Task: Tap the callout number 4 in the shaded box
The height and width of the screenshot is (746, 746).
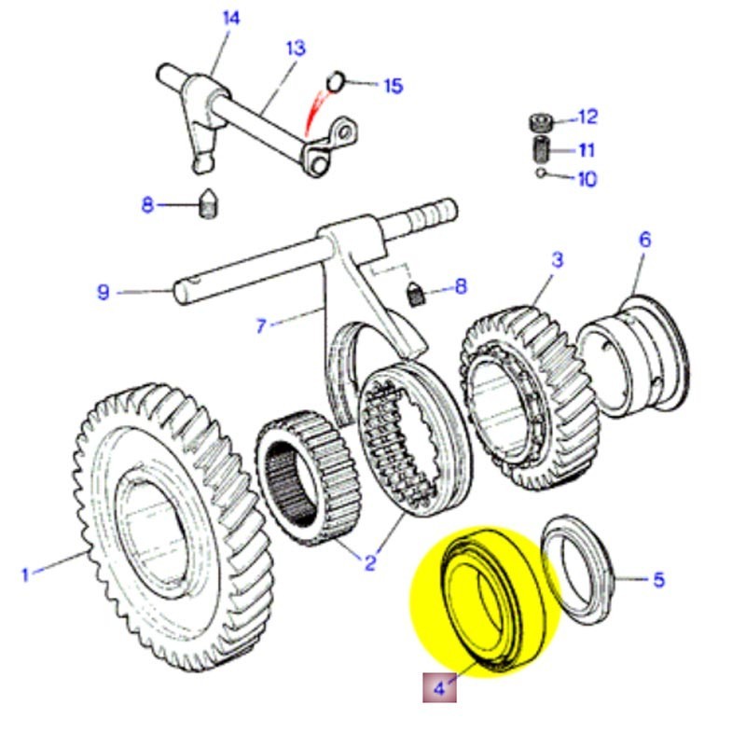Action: point(439,689)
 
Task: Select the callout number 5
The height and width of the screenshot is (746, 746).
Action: point(658,580)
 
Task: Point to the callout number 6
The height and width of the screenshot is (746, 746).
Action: point(644,240)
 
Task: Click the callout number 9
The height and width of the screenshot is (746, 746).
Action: point(104,292)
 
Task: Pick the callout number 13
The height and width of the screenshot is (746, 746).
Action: point(295,48)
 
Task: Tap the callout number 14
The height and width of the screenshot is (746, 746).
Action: point(231,18)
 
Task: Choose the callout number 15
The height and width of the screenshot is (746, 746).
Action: point(393,86)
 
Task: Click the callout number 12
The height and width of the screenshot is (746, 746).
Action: point(587,117)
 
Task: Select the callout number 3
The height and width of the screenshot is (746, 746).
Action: point(557,259)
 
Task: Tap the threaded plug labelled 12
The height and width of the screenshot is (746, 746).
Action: point(540,121)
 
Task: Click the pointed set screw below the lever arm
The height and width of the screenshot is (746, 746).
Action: point(210,203)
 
